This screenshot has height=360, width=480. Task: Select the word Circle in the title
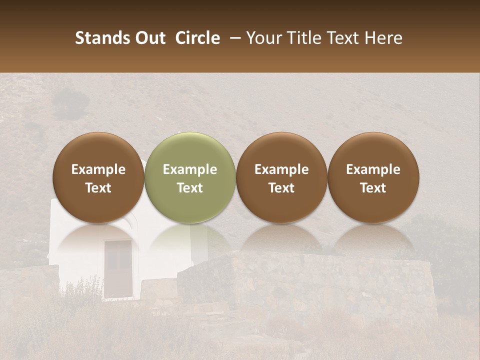coord(197,38)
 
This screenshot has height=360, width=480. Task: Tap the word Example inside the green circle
coord(190,169)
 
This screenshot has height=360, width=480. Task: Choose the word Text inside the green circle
coord(190,188)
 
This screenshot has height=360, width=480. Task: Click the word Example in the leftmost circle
coord(98,169)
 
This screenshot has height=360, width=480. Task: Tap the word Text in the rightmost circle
coord(373,188)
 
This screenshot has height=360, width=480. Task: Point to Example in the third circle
coord(281,169)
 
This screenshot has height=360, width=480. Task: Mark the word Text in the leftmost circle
coord(98,188)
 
